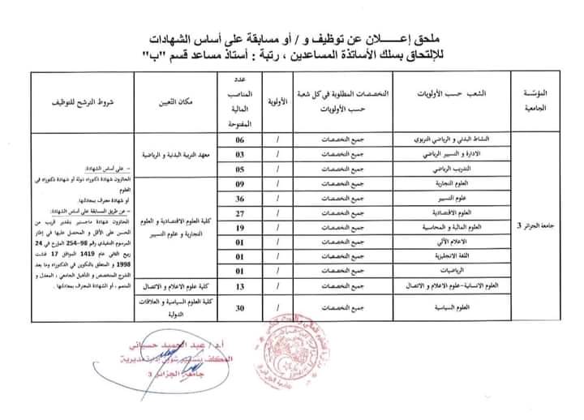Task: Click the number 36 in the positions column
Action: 239,199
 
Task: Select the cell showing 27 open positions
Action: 239,213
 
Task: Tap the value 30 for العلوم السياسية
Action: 239,307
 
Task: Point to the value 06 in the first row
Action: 239,140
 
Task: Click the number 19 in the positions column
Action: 239,228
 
